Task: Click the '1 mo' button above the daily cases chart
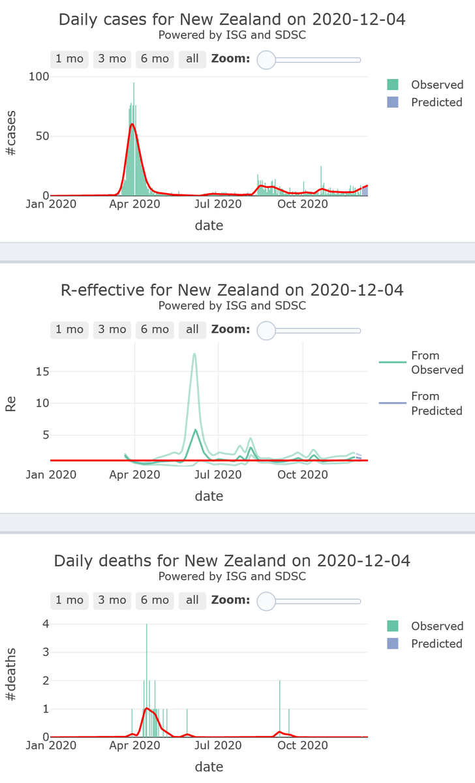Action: [x=69, y=59]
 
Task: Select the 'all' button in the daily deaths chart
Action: [x=192, y=600]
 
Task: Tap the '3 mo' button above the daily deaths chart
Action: [x=112, y=600]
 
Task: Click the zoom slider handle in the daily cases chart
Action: [x=267, y=60]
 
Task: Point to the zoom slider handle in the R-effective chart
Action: [x=267, y=331]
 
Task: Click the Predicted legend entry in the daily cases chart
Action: [x=425, y=102]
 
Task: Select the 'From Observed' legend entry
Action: [x=420, y=362]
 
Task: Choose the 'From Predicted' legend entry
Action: [x=420, y=403]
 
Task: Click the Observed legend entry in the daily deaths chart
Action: [x=425, y=626]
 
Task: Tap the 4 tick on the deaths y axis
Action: [x=46, y=623]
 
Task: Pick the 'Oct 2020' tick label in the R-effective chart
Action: [x=303, y=474]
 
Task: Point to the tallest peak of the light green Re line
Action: [x=194, y=354]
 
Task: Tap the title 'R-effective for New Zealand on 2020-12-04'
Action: [x=232, y=290]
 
